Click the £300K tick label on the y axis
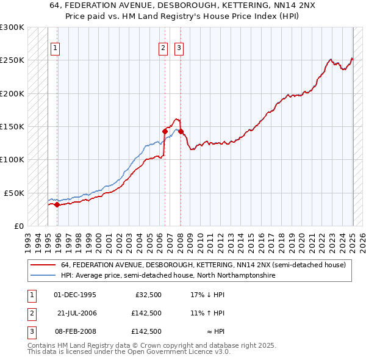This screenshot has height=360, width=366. [x=12, y=27]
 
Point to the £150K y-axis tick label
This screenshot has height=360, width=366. [x=12, y=127]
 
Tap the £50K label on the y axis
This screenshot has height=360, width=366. [x=15, y=193]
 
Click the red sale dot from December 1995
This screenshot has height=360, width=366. [x=57, y=204]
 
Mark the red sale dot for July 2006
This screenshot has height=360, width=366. [x=165, y=131]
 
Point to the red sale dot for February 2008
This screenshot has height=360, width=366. [x=181, y=131]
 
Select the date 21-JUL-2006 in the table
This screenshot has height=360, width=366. [x=77, y=313]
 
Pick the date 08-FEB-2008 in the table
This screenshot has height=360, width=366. [x=77, y=331]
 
